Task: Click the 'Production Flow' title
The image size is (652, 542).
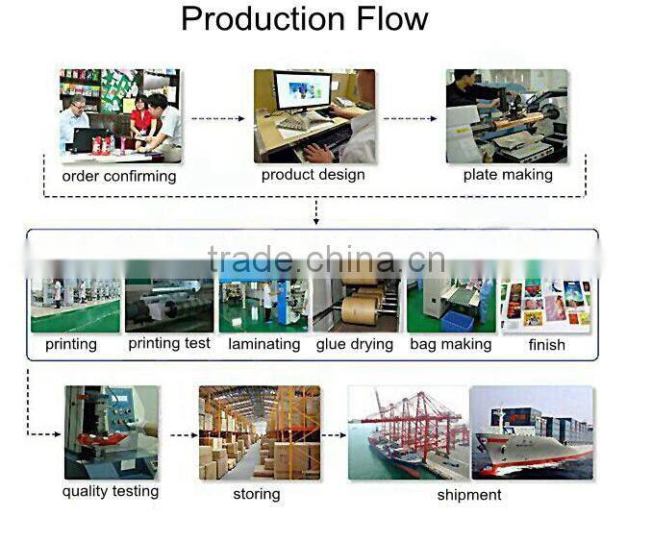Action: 305,19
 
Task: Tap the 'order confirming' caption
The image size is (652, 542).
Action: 119,176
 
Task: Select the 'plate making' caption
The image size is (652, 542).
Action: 508,174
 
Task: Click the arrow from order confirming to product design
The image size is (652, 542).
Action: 218,119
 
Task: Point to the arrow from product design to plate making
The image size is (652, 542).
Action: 410,119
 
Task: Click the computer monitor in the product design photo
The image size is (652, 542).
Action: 302,92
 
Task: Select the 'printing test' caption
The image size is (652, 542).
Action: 169,343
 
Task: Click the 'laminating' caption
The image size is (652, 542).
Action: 264,344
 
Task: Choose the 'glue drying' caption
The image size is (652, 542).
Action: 355,344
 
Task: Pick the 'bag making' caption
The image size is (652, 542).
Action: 451,344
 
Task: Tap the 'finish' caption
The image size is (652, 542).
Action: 547,345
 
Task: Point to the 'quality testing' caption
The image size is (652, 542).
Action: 111,491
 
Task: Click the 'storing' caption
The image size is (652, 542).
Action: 257,494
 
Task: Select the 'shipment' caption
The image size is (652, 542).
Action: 469,495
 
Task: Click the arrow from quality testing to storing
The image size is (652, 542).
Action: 184,435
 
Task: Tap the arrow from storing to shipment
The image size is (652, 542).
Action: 334,435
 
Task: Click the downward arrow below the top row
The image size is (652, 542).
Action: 316,212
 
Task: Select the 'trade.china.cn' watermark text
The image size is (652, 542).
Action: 326,259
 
